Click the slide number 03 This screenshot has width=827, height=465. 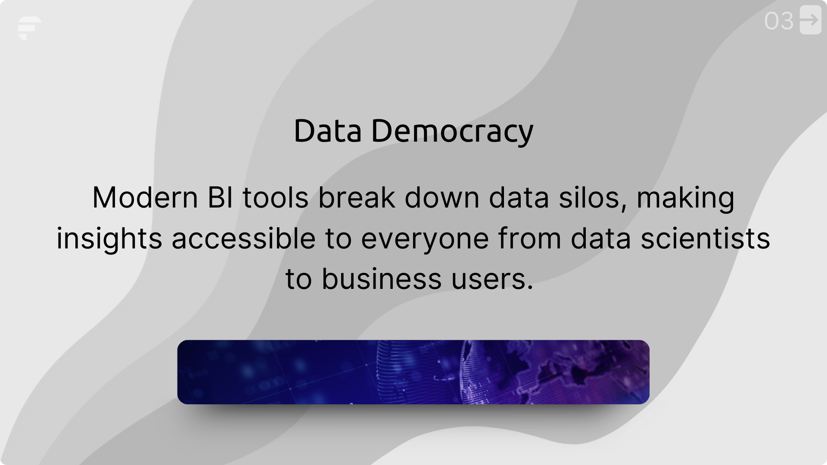pos(778,21)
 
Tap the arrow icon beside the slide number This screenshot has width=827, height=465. pos(810,20)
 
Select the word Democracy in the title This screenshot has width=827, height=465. pos(452,131)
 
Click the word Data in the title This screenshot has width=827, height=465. pos(327,131)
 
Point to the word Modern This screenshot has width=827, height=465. pos(145,198)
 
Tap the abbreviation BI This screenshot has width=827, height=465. pos(220,198)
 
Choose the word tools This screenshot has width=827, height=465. pos(275,198)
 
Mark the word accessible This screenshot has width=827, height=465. pos(243,238)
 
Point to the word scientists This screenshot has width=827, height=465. pos(705,238)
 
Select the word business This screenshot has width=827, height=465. pos(382,279)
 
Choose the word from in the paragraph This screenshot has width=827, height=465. pos(530,238)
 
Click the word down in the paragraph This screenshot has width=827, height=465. pos(442,198)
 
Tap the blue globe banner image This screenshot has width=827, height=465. pos(413,372)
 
